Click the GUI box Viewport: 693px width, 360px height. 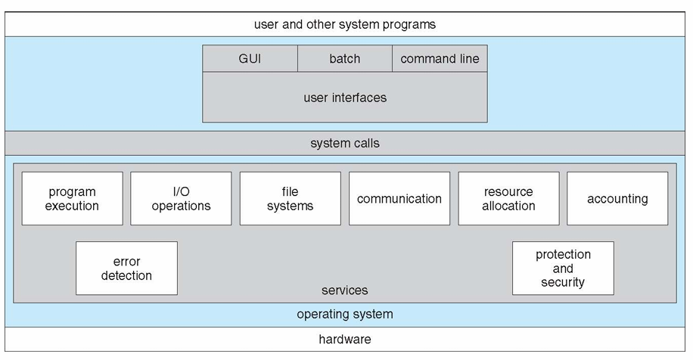coord(250,58)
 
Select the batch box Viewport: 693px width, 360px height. coord(345,58)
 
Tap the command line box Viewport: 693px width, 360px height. coord(440,58)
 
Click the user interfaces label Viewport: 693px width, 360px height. coord(345,98)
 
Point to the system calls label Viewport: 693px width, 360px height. coord(345,143)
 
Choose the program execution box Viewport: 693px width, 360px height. coord(72,198)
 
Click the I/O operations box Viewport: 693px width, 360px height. coord(181,198)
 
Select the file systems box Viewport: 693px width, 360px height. coord(290,198)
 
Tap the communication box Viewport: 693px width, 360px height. coord(399,198)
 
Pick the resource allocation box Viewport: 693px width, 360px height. coord(508,198)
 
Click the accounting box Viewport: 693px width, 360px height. coord(617,198)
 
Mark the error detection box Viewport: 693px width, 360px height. coord(126,268)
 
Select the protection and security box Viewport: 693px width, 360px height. coord(563,268)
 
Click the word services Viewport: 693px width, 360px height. coord(345,290)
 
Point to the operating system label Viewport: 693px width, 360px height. coord(345,314)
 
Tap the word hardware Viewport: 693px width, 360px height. coord(345,340)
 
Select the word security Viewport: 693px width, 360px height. coord(563,282)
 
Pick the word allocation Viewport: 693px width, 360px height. coord(508,206)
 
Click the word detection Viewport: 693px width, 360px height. coord(126,275)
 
